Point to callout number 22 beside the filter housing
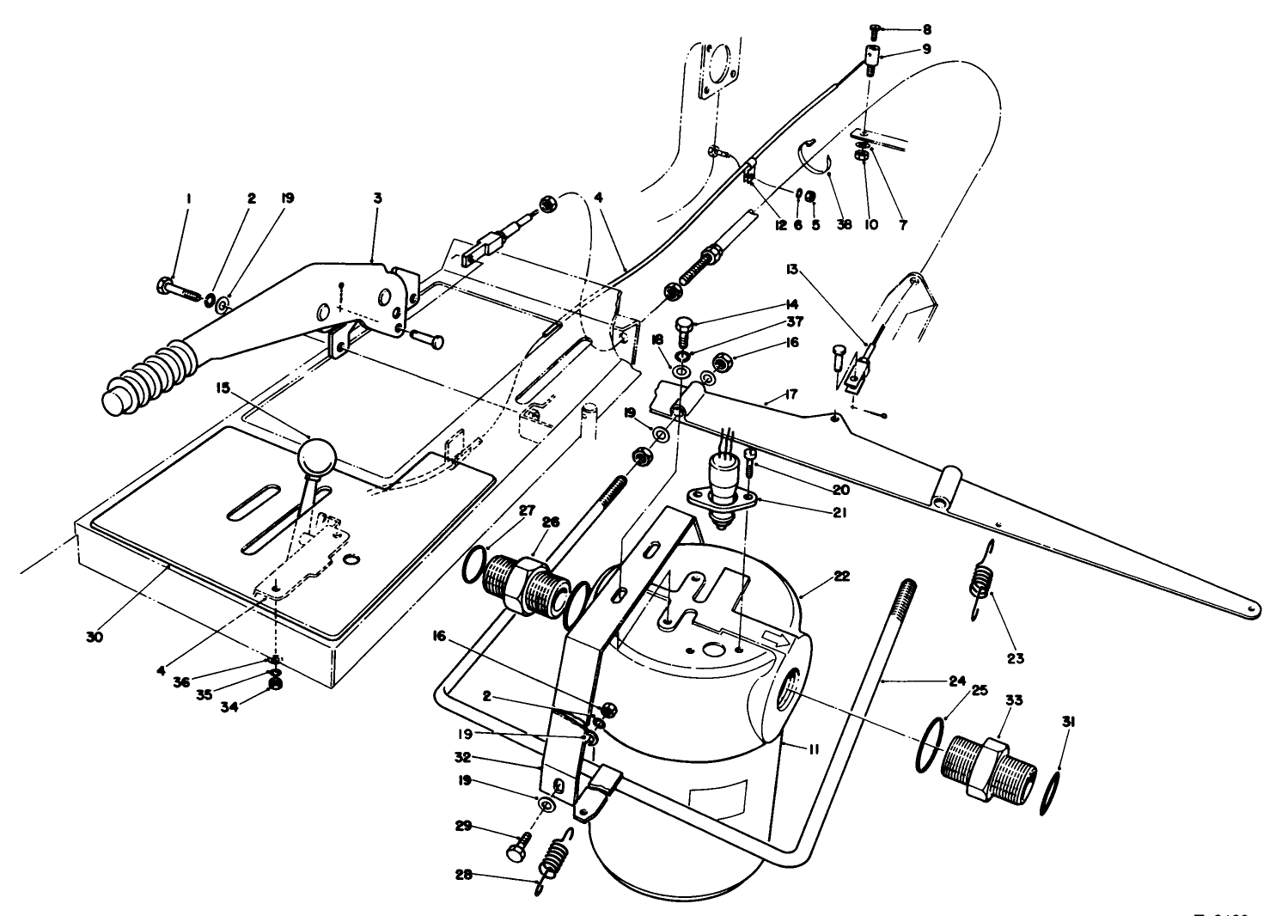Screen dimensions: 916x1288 coord(841,577)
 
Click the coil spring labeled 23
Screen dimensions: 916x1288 coord(980,580)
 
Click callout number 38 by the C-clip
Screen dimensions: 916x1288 coord(844,224)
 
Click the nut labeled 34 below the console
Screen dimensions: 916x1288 coord(275,685)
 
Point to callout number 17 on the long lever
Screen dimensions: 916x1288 coord(791,396)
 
